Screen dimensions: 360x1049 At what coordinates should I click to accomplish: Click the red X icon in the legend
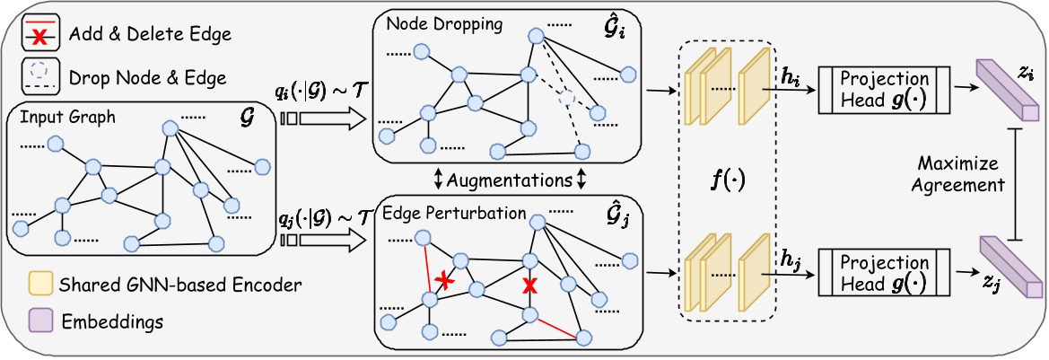[x=36, y=34]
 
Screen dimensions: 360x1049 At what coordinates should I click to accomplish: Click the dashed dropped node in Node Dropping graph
[x=565, y=96]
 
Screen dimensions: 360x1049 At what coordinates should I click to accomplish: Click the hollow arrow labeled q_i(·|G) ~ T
[x=322, y=118]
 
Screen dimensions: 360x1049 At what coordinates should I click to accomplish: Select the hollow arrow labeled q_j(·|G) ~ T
[x=322, y=240]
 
